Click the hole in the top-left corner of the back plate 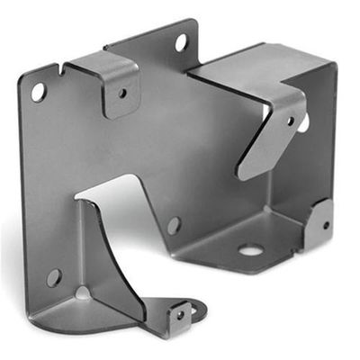(38, 91)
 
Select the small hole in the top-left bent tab (122, 91)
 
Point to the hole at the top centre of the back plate (180, 41)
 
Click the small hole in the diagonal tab (290, 120)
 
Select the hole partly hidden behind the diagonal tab (304, 122)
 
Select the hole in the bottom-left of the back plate (54, 277)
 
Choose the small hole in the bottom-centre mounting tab (180, 315)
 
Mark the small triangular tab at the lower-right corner (319, 225)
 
